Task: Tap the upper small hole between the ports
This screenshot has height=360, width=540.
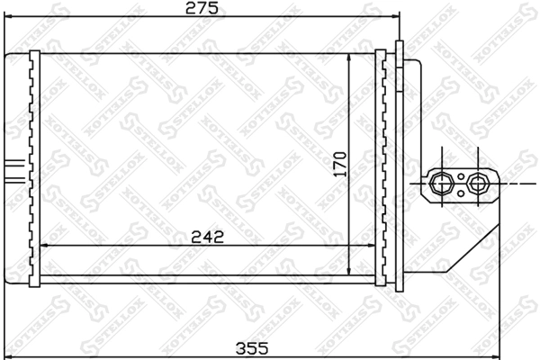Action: click(x=460, y=175)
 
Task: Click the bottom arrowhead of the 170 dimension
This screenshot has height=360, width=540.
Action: click(x=349, y=271)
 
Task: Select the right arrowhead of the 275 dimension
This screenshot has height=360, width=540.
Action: click(x=392, y=17)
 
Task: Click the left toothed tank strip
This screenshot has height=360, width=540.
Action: click(x=34, y=166)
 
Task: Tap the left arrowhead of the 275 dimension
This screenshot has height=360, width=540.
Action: click(x=7, y=17)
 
